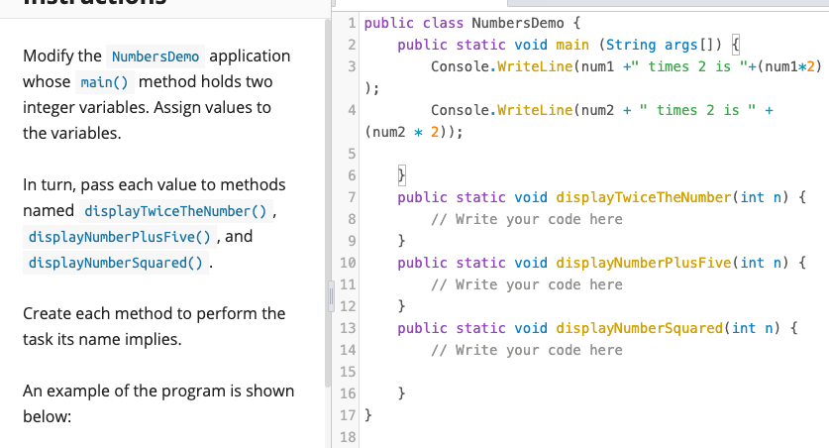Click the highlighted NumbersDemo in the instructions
click(155, 56)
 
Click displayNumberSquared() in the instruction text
click(116, 264)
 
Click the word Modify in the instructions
click(48, 56)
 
